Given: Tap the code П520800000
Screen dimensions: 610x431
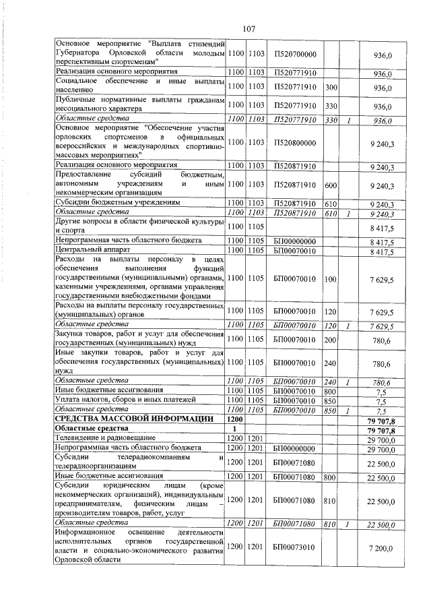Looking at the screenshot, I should [296, 143].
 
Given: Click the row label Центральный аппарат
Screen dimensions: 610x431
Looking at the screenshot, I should [88, 252].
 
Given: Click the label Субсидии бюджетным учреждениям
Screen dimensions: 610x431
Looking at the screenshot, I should [119, 203].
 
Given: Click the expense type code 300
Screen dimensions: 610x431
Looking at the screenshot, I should [331, 88].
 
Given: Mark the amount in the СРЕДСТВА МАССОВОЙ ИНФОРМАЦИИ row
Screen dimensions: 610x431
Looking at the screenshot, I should [381, 419].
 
